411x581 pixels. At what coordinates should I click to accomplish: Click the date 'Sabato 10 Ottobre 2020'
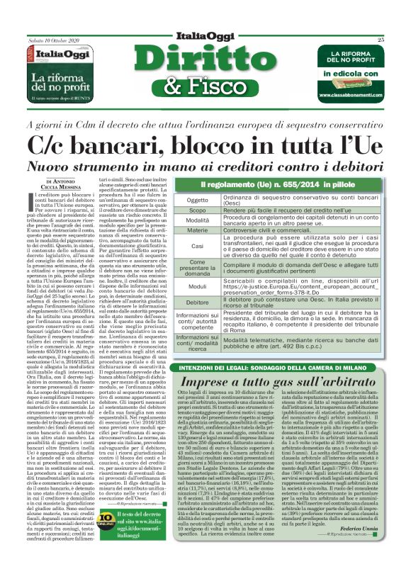(x=51, y=40)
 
